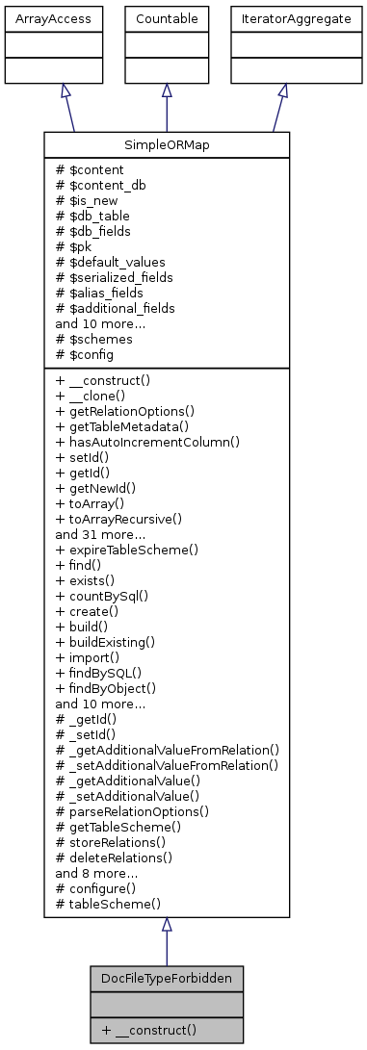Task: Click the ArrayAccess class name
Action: (39, 18)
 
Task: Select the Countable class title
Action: (167, 18)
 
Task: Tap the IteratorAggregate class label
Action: (282, 18)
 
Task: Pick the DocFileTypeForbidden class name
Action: (167, 977)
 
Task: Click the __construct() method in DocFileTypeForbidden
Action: (153, 1029)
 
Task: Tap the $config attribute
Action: (93, 355)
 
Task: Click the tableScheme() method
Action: (108, 904)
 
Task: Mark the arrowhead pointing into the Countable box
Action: (167, 90)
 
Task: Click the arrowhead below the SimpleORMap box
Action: (167, 925)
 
